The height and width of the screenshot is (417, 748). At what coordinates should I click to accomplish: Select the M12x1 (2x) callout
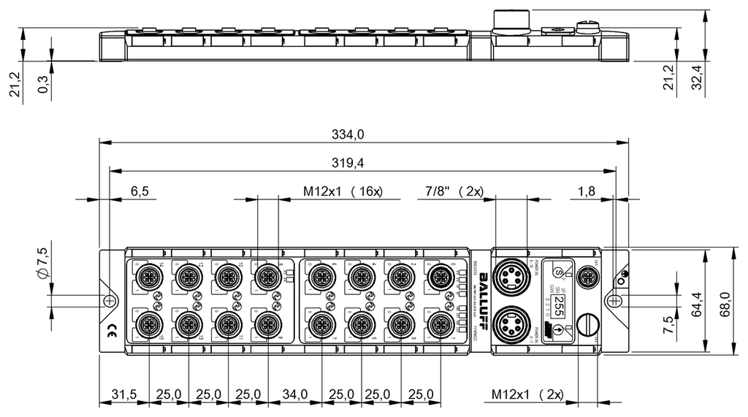point(527,395)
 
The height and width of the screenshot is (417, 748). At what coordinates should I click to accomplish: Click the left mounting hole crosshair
point(109,300)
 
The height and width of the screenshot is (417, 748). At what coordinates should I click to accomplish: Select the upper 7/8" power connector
point(508,276)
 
